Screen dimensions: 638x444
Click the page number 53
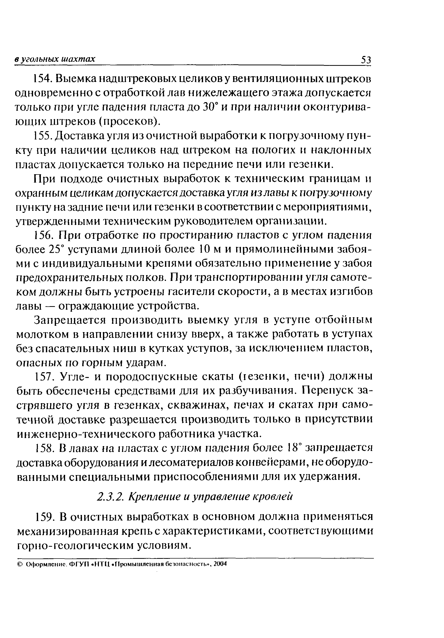point(365,60)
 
